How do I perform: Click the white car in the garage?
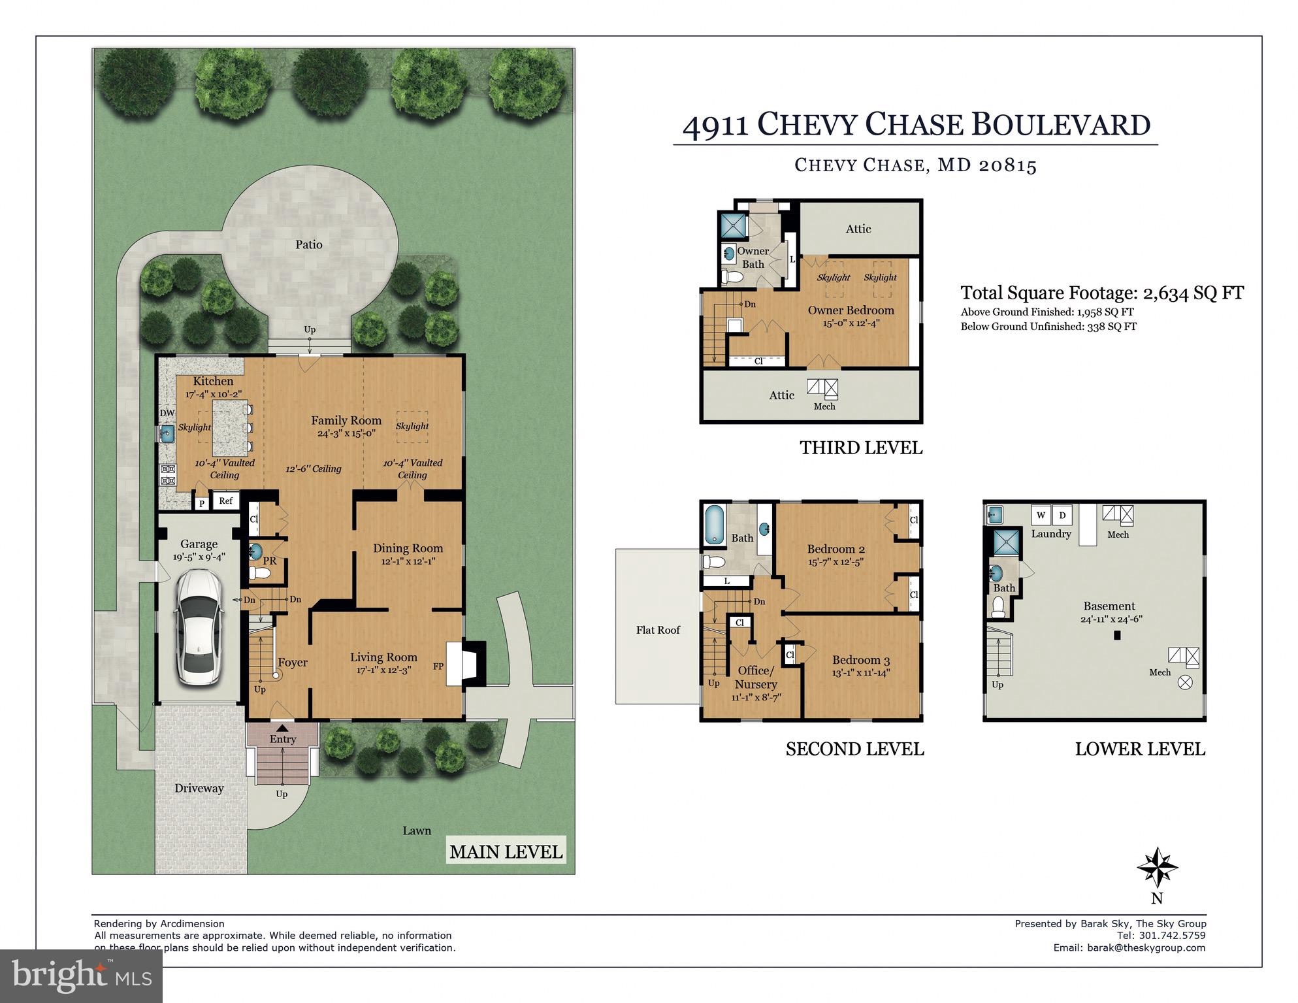(x=198, y=626)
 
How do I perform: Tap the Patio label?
(x=308, y=244)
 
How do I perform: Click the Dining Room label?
(x=408, y=549)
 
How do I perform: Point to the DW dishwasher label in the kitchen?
(x=167, y=414)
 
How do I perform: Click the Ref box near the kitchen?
(x=225, y=501)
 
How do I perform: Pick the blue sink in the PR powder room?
(x=255, y=551)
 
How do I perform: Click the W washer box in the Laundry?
(x=1041, y=515)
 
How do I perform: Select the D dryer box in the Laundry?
(x=1062, y=515)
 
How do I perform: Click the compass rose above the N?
(x=1157, y=867)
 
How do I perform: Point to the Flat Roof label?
(x=658, y=630)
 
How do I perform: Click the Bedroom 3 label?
(x=861, y=660)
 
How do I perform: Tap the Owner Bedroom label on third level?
(x=851, y=310)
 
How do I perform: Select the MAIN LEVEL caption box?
(x=506, y=851)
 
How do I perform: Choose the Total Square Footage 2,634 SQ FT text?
(x=1101, y=293)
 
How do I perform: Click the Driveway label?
(x=199, y=788)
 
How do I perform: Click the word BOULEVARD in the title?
(x=1061, y=124)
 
